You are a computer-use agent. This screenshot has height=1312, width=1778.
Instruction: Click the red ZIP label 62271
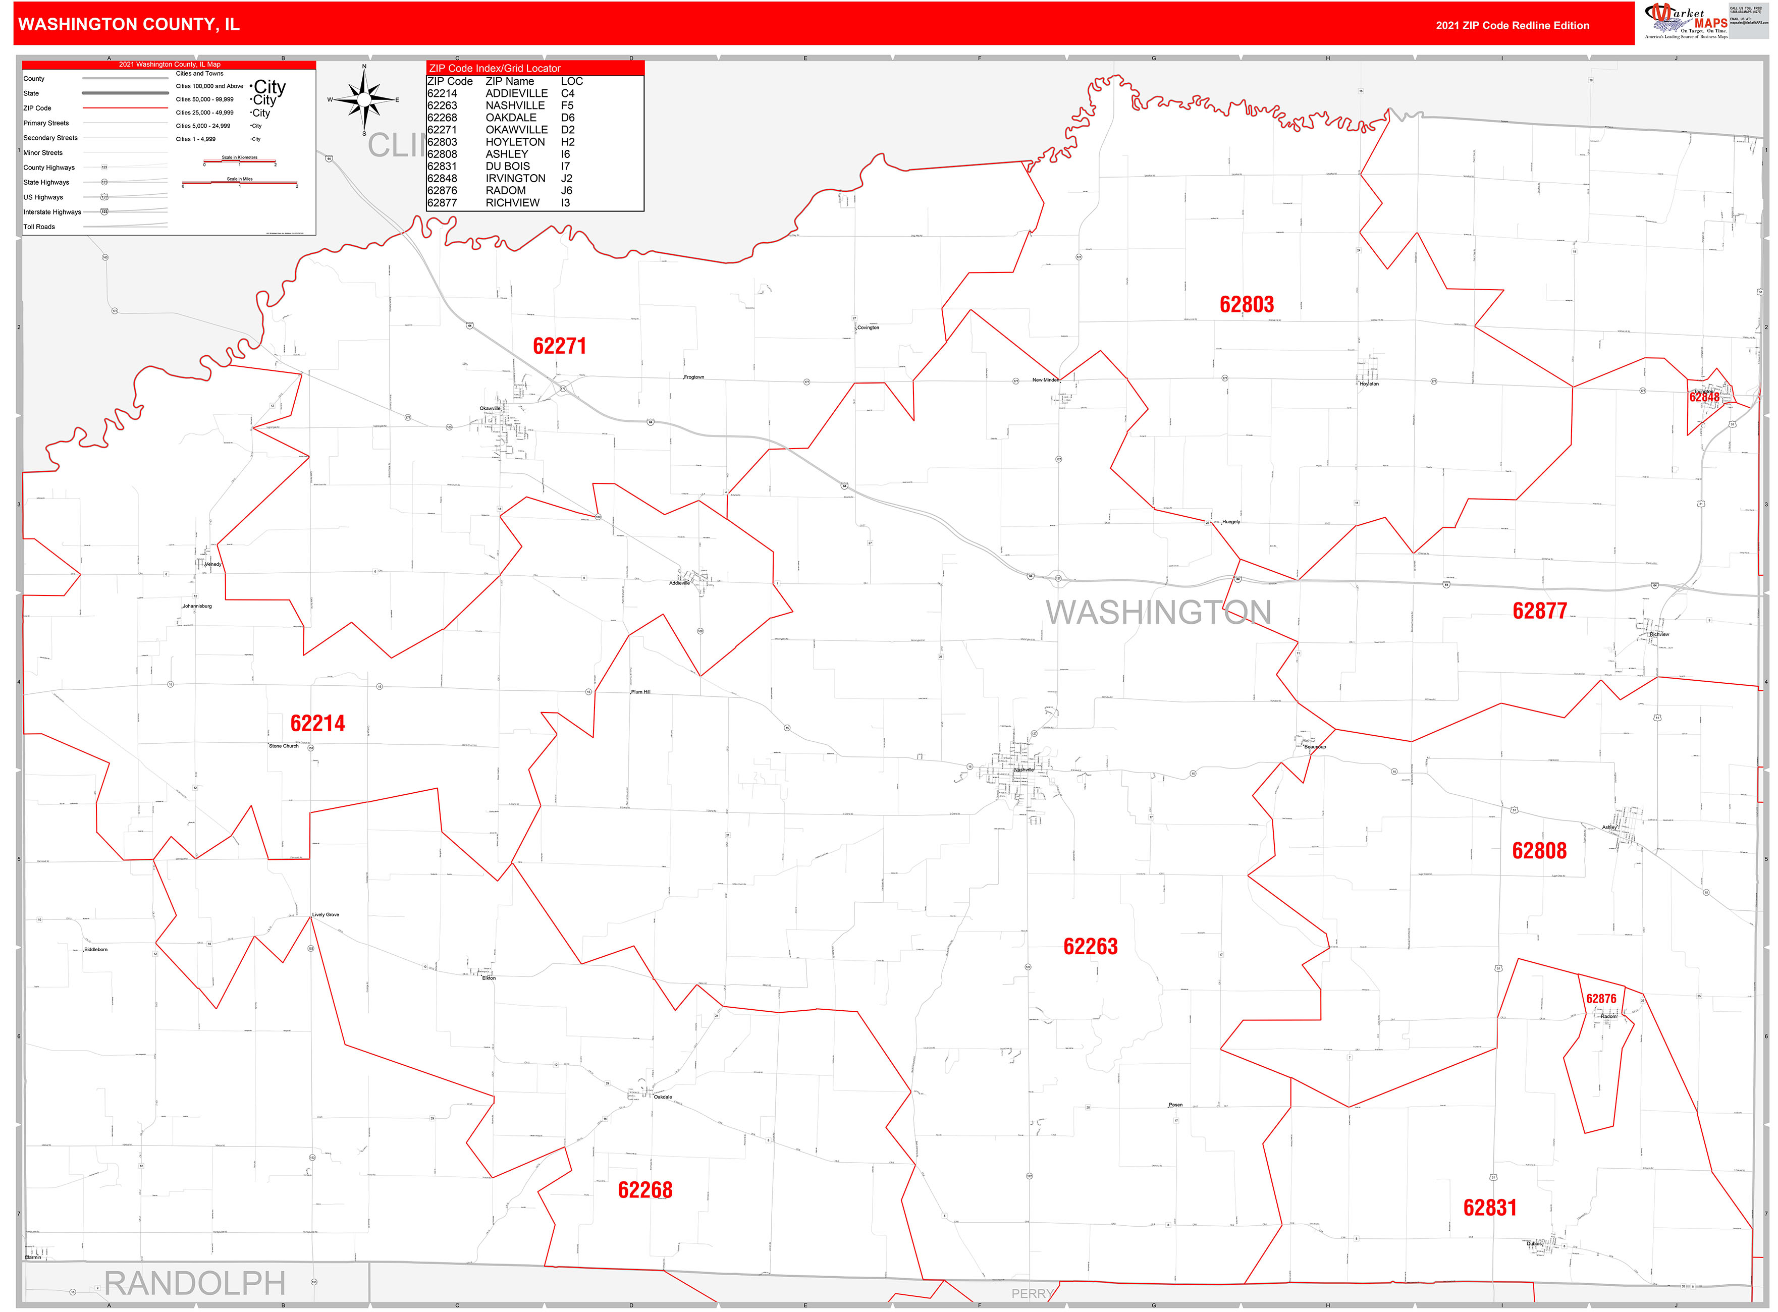click(x=559, y=346)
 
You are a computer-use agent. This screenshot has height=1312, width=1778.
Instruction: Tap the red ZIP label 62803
click(x=1246, y=305)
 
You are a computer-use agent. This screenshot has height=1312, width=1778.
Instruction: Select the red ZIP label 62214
click(x=317, y=724)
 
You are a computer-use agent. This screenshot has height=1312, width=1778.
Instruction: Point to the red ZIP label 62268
click(x=645, y=1190)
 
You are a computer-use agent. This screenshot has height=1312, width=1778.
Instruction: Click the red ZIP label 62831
click(x=1490, y=1208)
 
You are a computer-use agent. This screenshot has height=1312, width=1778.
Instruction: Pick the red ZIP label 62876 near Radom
click(x=1600, y=999)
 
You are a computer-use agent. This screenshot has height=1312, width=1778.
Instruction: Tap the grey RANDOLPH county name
click(x=195, y=1283)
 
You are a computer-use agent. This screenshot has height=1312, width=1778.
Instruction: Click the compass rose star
click(x=364, y=100)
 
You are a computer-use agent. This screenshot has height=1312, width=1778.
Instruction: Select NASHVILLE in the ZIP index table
click(x=515, y=105)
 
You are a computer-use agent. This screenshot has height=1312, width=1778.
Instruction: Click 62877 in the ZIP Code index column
click(x=442, y=203)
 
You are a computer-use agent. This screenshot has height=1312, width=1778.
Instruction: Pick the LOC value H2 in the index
click(x=567, y=142)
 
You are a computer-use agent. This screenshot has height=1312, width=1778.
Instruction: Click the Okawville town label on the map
click(x=490, y=408)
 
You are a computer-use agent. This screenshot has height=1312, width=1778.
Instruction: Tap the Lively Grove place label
click(x=326, y=915)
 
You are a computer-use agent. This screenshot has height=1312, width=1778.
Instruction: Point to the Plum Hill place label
click(x=640, y=692)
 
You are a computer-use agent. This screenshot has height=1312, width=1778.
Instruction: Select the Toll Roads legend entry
click(x=40, y=227)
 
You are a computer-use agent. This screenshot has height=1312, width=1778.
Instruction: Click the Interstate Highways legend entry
click(x=52, y=212)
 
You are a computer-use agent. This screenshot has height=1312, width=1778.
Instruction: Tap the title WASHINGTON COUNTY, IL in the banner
click(x=129, y=25)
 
